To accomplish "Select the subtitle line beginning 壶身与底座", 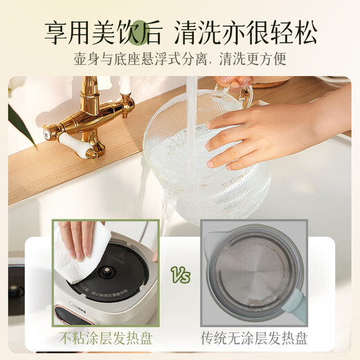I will [180, 60].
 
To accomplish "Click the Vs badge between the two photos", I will [179, 277].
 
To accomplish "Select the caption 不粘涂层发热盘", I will [106, 339].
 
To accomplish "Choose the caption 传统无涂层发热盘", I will [253, 339].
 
